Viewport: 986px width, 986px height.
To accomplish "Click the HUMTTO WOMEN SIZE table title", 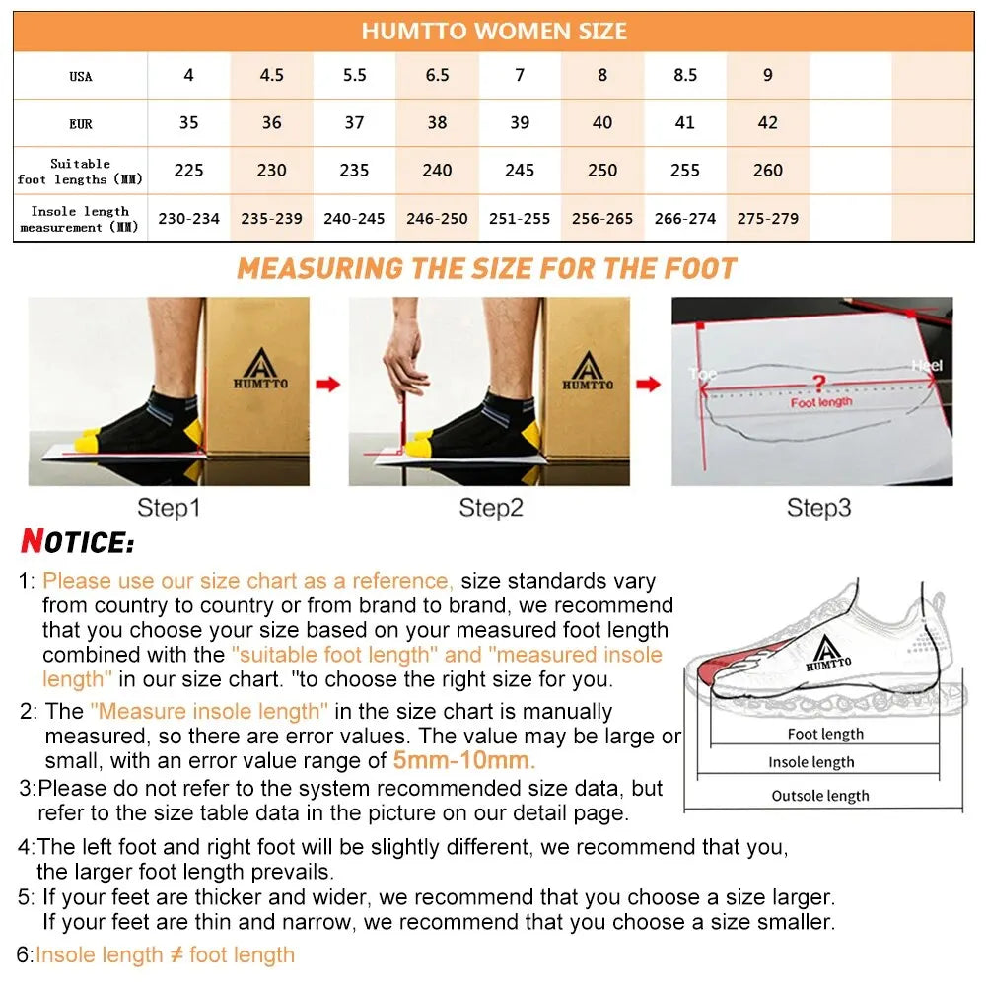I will coord(493,31).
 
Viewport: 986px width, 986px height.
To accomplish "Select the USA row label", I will coord(81,77).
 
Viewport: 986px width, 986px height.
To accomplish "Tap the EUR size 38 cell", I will coord(437,123).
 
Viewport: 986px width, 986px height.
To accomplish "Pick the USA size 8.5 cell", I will coord(685,76).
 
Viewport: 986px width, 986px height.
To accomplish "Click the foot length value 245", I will coord(520,171).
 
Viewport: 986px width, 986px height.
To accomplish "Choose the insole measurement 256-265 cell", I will coord(602,219).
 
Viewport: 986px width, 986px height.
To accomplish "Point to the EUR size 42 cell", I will coord(768,123).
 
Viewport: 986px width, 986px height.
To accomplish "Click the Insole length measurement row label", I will coord(79,219).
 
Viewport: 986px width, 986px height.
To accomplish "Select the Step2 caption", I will coord(490,508).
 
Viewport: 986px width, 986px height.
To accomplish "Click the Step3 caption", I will coord(818,508).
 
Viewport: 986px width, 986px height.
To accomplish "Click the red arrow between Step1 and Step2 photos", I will coord(328,384).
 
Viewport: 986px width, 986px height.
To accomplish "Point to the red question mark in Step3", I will coord(817,382).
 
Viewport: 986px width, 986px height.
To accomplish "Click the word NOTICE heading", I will coord(78,542).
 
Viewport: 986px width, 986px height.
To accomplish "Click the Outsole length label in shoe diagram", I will coord(820,796).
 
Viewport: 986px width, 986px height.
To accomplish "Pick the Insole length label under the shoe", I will coord(811,762).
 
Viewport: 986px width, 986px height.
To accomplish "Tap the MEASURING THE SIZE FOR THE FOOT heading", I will coord(487,268).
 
